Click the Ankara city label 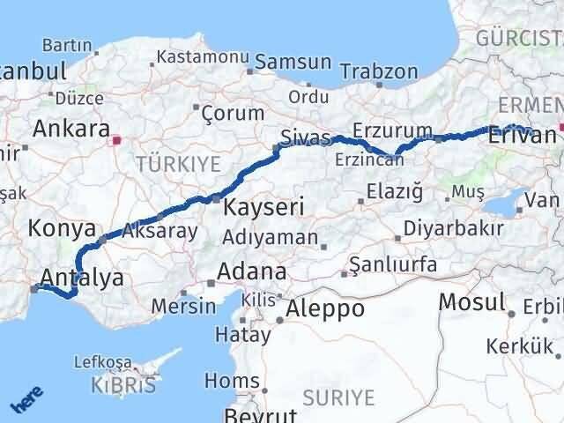pyautogui.click(x=70, y=128)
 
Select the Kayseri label pyautogui.click(x=263, y=208)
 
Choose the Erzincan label pyautogui.click(x=364, y=160)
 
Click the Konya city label pyautogui.click(x=62, y=228)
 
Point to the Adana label pyautogui.click(x=254, y=271)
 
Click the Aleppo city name pyautogui.click(x=324, y=308)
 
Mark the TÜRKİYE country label pyautogui.click(x=178, y=164)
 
